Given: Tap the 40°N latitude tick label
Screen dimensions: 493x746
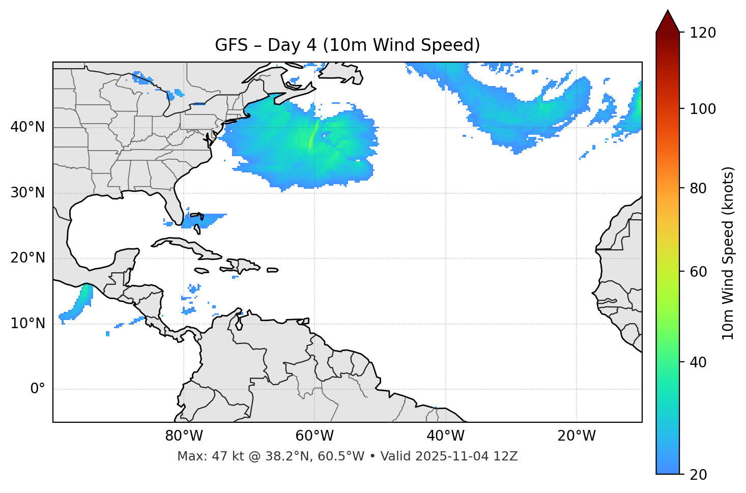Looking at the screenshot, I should click(x=27, y=127).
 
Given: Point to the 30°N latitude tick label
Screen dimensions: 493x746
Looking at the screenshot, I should click(x=27, y=193).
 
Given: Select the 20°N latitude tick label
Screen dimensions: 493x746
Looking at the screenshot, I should click(x=27, y=258).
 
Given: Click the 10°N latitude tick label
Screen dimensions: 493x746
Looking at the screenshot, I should click(x=27, y=324).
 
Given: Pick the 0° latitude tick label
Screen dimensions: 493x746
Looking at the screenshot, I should click(x=38, y=389).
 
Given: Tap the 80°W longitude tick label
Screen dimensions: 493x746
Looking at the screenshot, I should click(x=184, y=436).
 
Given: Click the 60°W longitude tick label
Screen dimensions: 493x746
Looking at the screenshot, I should click(x=314, y=436).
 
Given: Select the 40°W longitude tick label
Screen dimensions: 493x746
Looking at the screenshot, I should click(x=445, y=436).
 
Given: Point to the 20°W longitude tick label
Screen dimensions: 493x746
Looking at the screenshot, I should click(x=577, y=436).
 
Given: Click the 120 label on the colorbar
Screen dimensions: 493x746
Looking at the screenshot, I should click(x=703, y=33).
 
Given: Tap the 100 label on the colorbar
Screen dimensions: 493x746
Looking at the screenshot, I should click(x=703, y=109).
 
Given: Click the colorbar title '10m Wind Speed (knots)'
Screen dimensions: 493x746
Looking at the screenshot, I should click(x=728, y=253).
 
